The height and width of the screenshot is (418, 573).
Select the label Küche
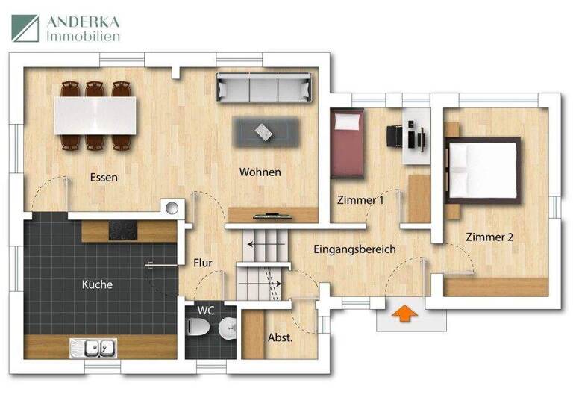point(97,284)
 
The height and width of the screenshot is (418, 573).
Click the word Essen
point(104,178)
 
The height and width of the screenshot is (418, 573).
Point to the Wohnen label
point(260,172)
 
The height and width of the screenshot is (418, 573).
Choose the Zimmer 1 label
point(360,200)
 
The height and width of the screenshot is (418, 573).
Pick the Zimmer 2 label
point(489,237)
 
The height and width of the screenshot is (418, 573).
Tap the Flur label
point(203,263)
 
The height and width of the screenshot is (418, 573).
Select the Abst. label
point(280,337)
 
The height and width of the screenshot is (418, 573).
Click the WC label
point(206,310)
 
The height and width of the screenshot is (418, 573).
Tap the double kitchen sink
point(94,346)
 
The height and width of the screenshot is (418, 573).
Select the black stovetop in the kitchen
point(122,231)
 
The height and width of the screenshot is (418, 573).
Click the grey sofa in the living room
point(263,88)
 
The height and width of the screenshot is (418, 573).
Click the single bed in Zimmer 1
point(347,144)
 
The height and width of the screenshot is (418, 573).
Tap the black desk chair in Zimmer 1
point(396,136)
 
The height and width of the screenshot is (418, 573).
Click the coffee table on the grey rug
point(263,131)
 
